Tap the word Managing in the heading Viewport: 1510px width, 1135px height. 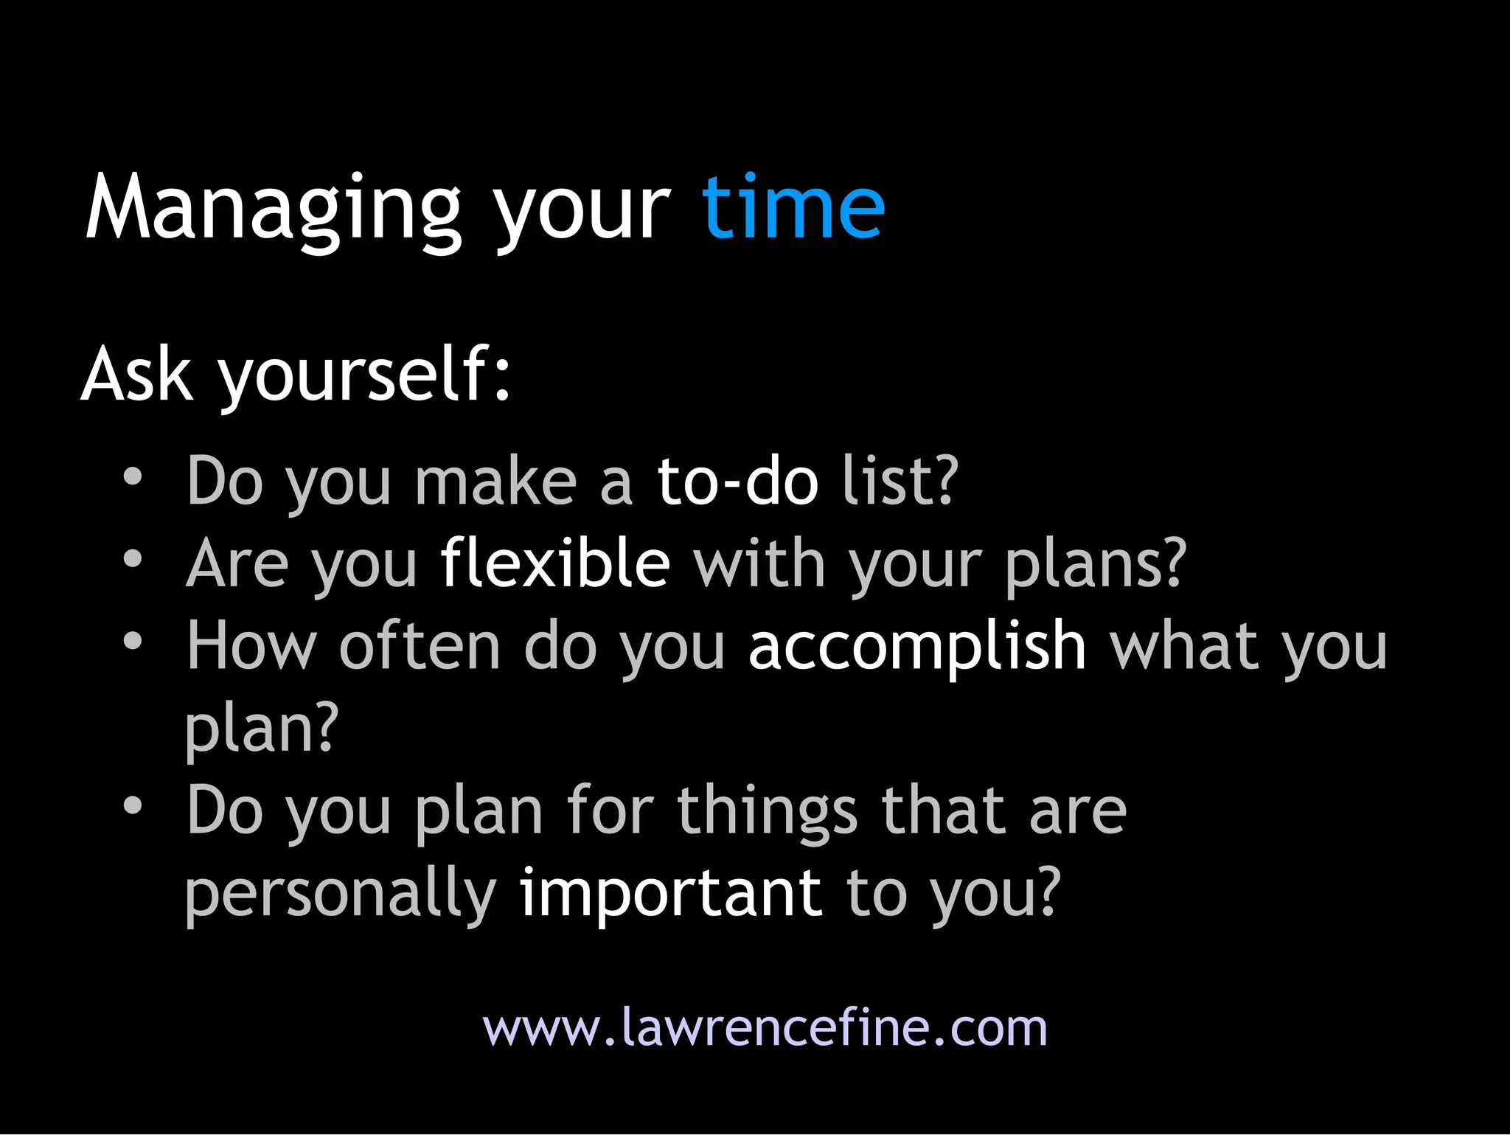273,210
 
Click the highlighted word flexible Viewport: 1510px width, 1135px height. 554,563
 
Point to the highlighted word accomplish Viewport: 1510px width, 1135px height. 916,647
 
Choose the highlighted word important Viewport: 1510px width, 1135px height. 670,893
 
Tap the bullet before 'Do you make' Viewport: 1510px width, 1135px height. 133,476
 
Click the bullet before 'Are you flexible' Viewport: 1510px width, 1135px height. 133,559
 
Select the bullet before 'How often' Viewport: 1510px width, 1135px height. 133,641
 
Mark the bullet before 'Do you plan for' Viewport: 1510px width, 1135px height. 133,805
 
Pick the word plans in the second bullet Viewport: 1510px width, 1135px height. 1095,565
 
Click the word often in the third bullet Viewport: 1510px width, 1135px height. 419,646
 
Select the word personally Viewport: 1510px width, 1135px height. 340,895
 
